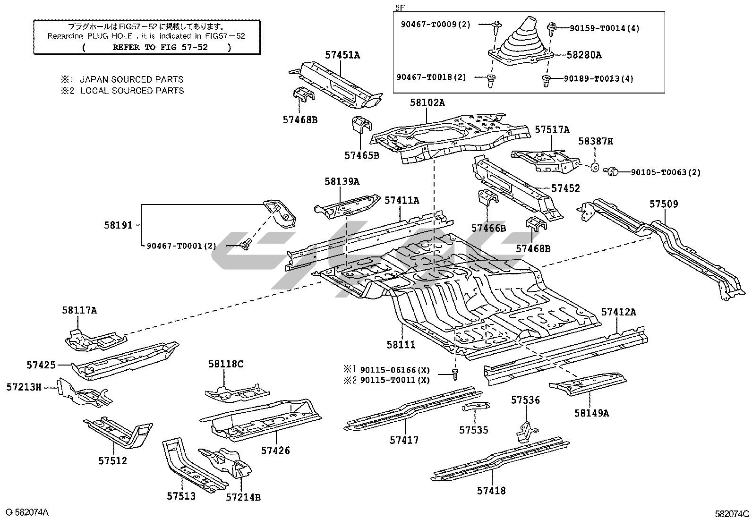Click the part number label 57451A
tap(342, 55)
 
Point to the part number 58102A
tap(427, 103)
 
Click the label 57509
tap(663, 204)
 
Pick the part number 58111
tap(401, 345)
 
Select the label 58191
tap(118, 226)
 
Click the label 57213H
tap(23, 388)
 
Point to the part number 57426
tap(275, 451)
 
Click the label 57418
tap(491, 491)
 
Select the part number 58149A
tap(591, 413)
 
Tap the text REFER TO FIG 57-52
tap(156, 47)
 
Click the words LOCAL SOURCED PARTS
tap(132, 91)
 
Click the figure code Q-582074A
tap(27, 512)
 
